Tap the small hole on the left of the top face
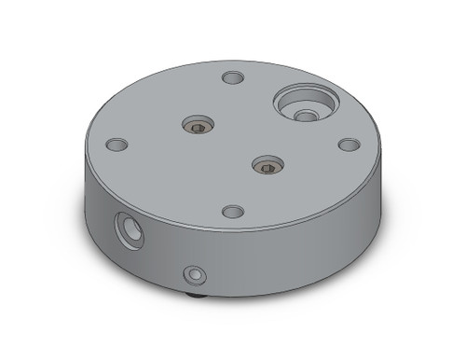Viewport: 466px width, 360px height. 116,145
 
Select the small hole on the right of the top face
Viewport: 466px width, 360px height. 349,145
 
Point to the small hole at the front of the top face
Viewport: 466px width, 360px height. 234,212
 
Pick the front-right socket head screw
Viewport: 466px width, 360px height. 267,166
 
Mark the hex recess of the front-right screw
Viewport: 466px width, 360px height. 267,167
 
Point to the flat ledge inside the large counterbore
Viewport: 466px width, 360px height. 291,97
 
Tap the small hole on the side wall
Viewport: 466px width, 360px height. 194,274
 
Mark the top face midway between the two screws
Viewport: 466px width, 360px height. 232,145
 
